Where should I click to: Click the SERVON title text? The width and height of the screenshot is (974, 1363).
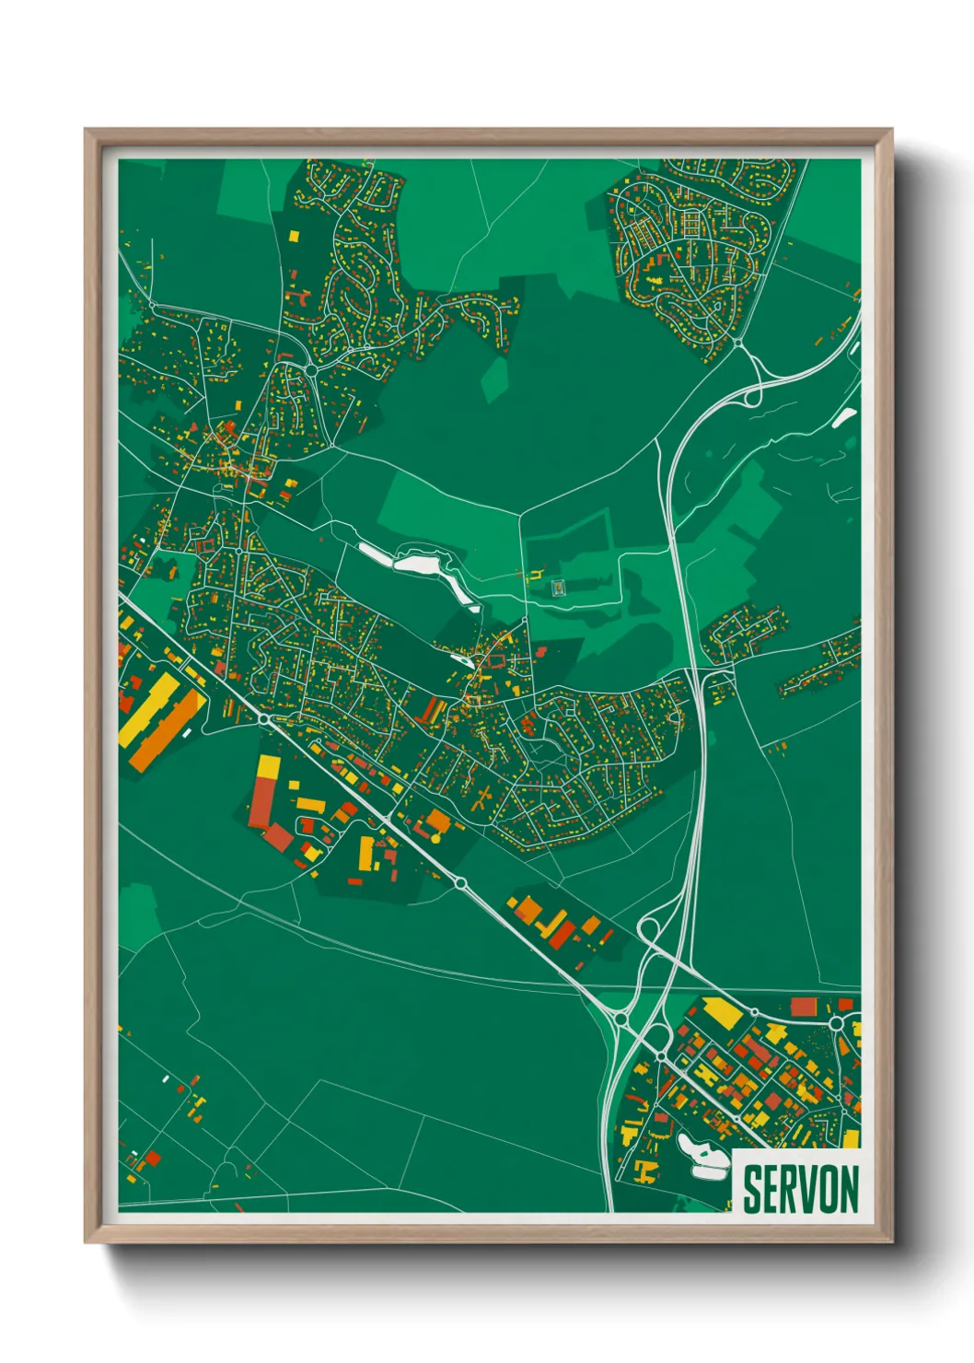800,1189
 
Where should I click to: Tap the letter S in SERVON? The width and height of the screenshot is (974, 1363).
752,1189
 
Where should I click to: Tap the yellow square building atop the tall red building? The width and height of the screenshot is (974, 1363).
268,765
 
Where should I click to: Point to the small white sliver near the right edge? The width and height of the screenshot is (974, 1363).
844,417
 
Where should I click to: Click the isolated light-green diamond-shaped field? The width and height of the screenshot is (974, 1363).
495,379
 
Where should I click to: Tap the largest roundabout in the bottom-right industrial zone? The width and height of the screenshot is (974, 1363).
836,1023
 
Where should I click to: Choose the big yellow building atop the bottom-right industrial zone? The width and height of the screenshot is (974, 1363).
722,1012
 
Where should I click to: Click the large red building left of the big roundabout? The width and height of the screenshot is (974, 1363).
803,1006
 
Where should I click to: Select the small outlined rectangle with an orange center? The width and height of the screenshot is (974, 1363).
558,587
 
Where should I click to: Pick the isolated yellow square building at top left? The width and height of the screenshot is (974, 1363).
295,236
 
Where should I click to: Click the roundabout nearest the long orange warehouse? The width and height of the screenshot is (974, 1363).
263,718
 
